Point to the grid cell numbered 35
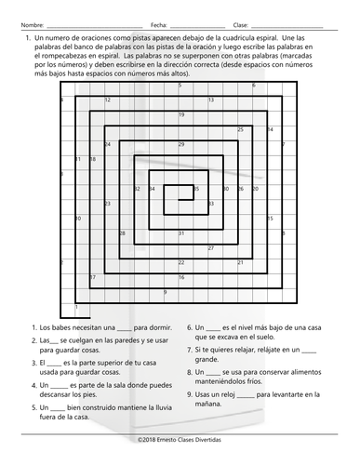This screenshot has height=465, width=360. click(x=197, y=190)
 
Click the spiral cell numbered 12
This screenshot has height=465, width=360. click(x=108, y=100)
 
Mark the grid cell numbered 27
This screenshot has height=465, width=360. click(x=212, y=248)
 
